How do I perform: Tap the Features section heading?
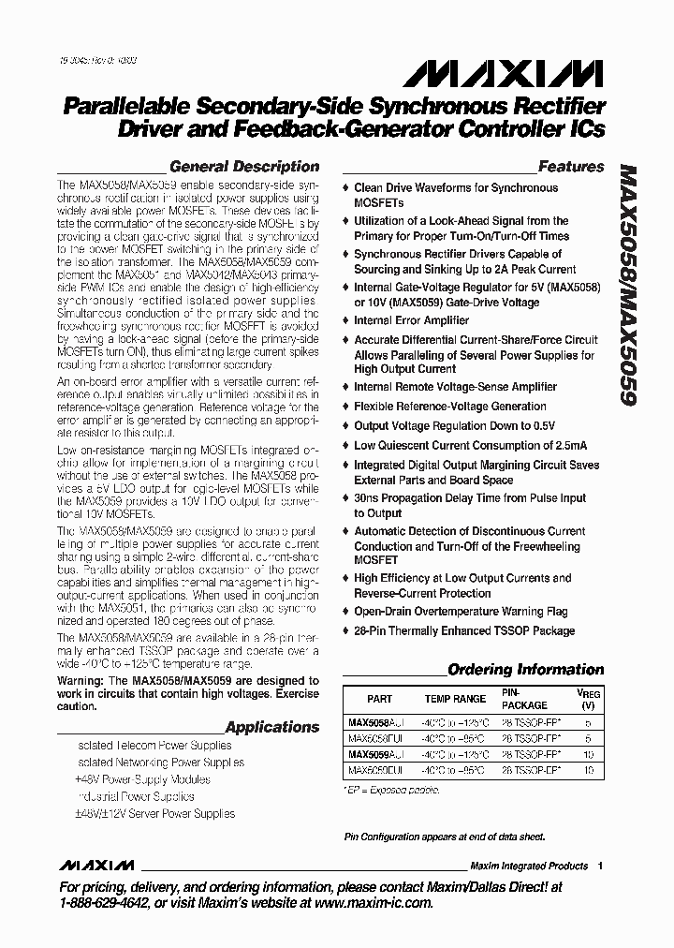point(571,167)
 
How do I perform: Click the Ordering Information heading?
point(525,670)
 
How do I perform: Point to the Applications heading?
point(272,727)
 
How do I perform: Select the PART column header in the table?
point(379,699)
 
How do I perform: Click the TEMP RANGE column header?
point(455,699)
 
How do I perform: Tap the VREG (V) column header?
point(588,699)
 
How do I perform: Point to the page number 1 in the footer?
point(600,866)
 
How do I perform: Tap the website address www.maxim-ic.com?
point(365,903)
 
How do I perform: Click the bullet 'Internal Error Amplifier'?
point(411,320)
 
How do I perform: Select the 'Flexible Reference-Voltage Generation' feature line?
point(449,407)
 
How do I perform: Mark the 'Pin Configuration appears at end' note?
point(444,837)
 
